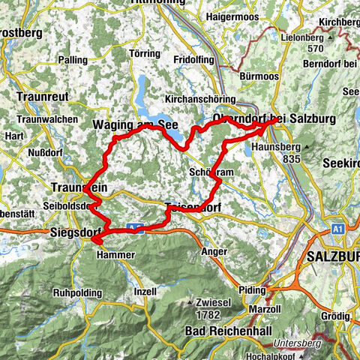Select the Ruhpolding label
point(76,293)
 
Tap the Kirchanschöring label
point(198,98)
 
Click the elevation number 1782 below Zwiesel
point(209,313)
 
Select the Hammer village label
point(115,255)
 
